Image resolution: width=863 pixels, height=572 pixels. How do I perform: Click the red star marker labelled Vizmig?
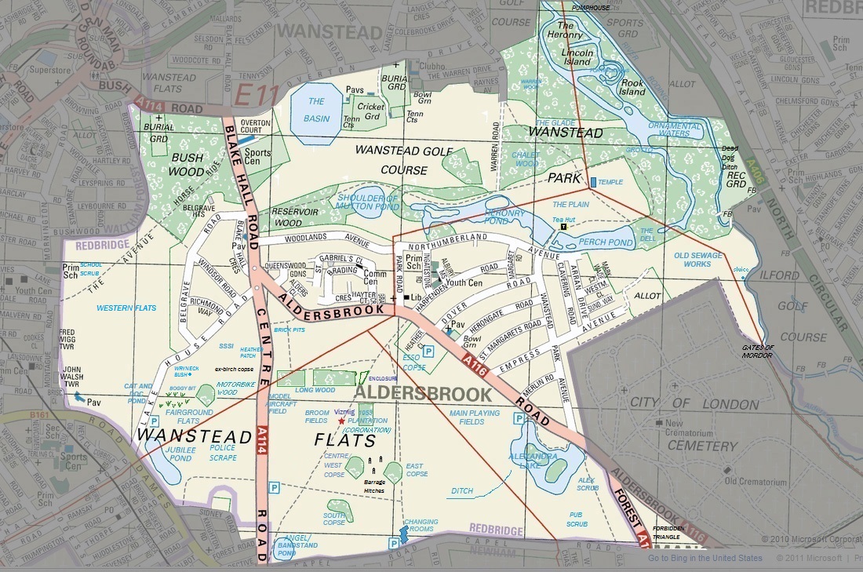pyautogui.click(x=341, y=421)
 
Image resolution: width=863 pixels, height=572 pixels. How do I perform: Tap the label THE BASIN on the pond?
pyautogui.click(x=316, y=110)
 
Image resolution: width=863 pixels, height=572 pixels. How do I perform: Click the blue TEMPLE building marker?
pyautogui.click(x=593, y=182)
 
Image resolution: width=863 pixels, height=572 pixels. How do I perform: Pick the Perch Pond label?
pyautogui.click(x=608, y=243)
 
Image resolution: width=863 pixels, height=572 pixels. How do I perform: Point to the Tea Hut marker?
pyautogui.click(x=563, y=227)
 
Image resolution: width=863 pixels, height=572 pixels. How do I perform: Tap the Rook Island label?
pyautogui.click(x=632, y=87)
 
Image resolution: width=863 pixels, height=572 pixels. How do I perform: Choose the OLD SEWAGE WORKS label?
pyautogui.click(x=693, y=260)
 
